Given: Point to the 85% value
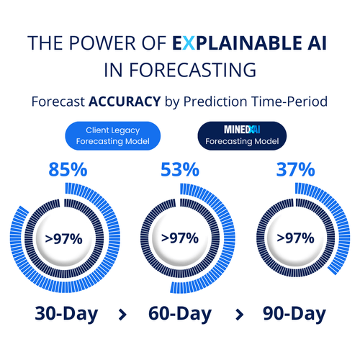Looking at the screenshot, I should pyautogui.click(x=68, y=171).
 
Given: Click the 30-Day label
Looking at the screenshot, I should pyautogui.click(x=67, y=314).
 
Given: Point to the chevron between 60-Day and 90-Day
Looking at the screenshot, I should pyautogui.click(x=237, y=314).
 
